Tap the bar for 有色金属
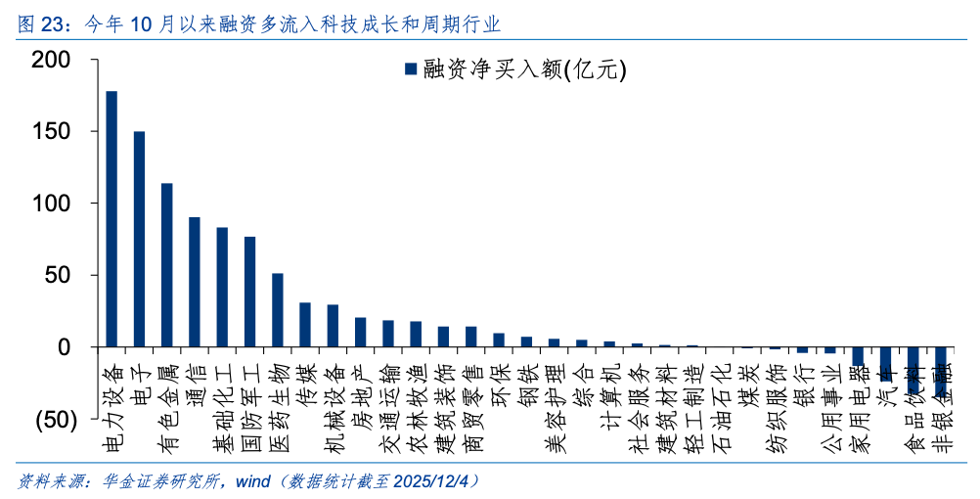166,265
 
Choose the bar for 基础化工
222,288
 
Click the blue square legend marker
411,69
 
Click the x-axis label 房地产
359,386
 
